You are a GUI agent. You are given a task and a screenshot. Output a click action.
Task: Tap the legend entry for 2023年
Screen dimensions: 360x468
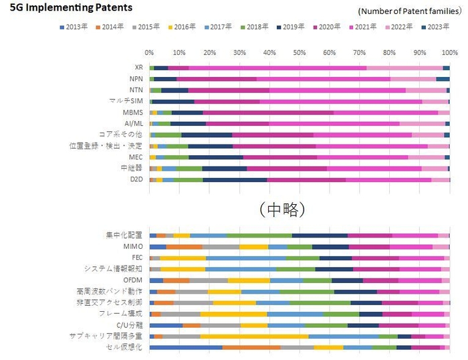437,27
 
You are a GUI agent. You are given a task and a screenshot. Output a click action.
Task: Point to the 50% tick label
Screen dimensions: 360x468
299,52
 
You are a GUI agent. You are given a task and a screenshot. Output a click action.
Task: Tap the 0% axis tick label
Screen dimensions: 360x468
150,52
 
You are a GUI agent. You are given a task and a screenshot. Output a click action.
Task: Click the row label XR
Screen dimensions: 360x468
138,68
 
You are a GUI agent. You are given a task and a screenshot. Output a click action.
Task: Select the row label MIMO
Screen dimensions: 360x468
133,246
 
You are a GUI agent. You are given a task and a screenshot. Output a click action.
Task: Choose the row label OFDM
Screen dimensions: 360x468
132,280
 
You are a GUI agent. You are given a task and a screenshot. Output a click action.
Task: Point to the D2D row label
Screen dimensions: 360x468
134,179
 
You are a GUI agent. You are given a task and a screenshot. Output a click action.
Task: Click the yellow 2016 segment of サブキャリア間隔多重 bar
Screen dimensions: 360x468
254,336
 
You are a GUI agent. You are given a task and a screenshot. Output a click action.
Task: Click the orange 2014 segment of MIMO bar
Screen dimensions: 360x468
184,246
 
